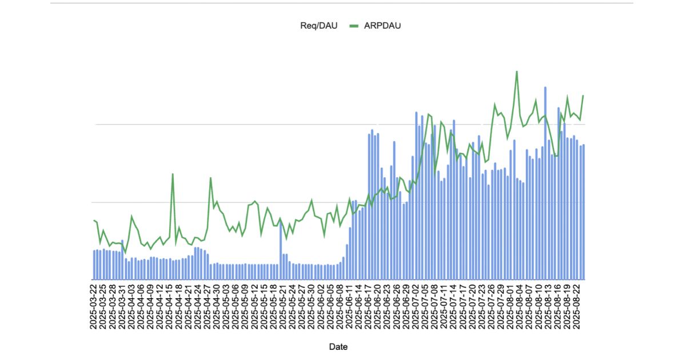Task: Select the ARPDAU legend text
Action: [x=378, y=25]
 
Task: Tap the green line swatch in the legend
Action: [x=354, y=25]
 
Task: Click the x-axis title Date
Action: [x=338, y=347]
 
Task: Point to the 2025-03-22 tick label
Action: [x=94, y=306]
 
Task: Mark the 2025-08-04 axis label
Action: [x=519, y=306]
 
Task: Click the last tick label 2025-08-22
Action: [x=576, y=306]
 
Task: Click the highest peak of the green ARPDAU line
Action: [x=517, y=71]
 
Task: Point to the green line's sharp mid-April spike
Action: [x=173, y=174]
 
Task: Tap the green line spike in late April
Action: [x=210, y=178]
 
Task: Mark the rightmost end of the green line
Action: [x=583, y=95]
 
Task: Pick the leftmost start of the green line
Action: [x=94, y=220]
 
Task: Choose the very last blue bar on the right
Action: [x=584, y=211]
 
